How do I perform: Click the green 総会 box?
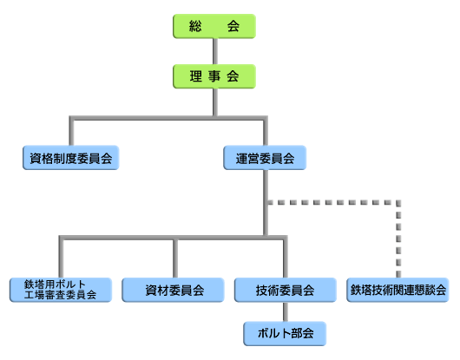coord(214,26)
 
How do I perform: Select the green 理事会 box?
coord(214,76)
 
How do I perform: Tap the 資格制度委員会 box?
coord(71,158)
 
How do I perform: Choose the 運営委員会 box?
coord(265,158)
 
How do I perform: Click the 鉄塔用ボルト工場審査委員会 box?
coord(61,290)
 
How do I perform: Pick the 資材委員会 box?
coord(173,290)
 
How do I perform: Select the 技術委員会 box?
coord(286,290)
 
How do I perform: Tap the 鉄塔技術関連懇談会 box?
coord(398,290)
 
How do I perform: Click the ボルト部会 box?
coord(285,334)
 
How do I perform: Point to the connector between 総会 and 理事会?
coord(215,51)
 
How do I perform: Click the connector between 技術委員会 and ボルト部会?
coord(286,311)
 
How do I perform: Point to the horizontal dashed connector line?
coord(334,202)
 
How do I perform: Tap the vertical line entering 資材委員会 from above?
coord(175,258)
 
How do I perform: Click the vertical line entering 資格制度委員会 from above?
coord(71,132)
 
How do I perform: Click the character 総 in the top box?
coord(195,26)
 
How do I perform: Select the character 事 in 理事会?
coord(214,76)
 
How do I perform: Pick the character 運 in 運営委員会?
coord(242,159)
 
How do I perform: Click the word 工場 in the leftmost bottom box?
coord(35,295)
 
